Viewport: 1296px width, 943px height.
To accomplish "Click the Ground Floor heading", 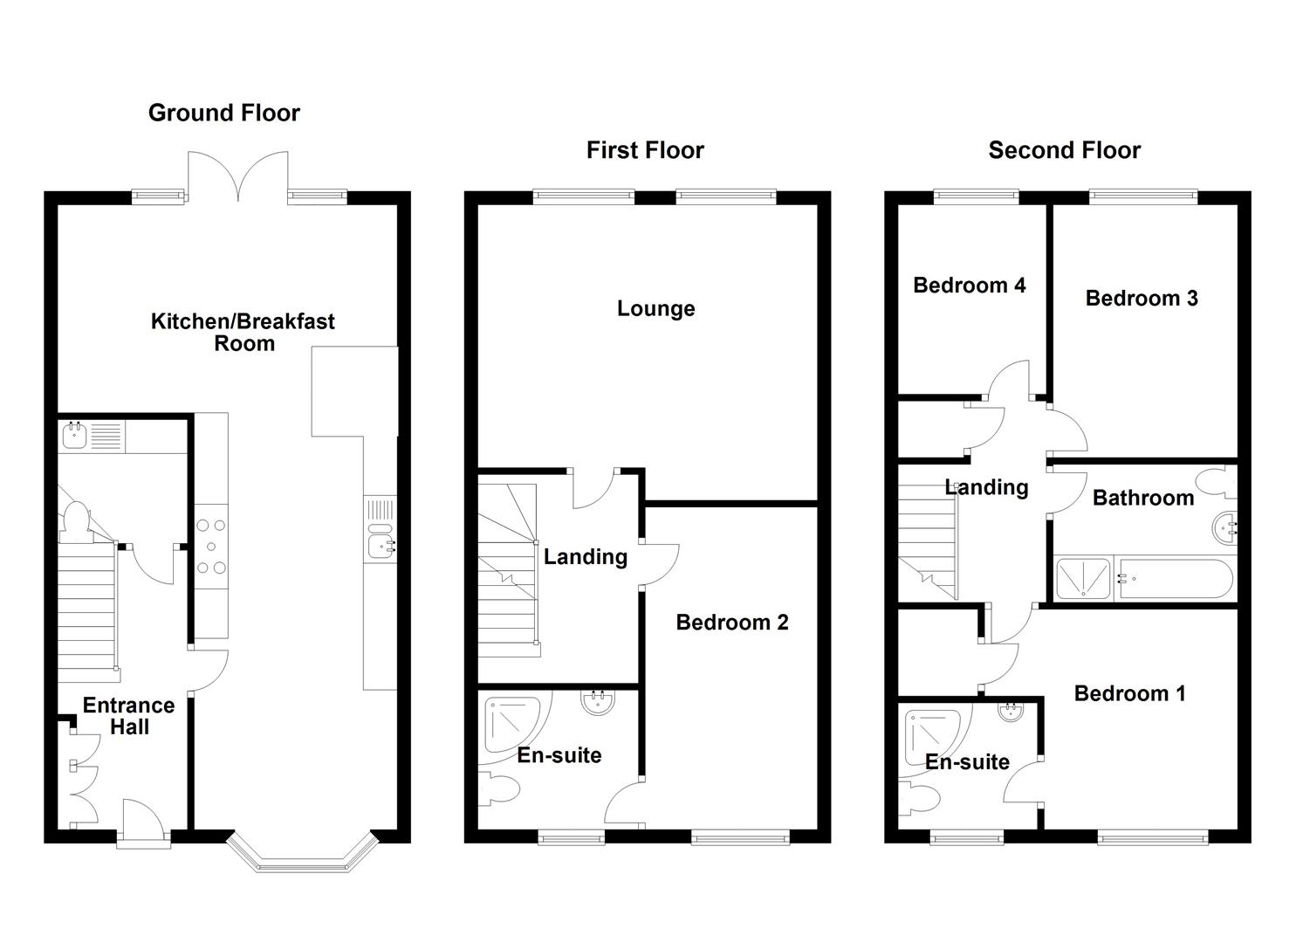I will [x=223, y=113].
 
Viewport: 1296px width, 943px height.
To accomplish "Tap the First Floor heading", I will [x=645, y=150].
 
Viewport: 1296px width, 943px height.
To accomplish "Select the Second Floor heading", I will [x=1064, y=150].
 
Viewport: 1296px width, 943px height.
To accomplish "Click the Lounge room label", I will [x=655, y=308].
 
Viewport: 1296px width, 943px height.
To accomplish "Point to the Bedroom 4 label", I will [x=969, y=285].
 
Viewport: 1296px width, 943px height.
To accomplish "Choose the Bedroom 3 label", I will [x=1141, y=298].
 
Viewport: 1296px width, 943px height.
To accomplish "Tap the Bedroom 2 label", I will [x=731, y=622].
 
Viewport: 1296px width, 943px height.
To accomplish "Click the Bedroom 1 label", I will [x=1129, y=693].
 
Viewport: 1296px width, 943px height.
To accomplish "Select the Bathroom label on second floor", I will [x=1142, y=498].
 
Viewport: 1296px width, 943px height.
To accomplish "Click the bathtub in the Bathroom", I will [x=1174, y=579].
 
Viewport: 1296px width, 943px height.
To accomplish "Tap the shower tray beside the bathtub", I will [x=1083, y=579].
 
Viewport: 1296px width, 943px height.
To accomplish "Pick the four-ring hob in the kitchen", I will [x=210, y=547].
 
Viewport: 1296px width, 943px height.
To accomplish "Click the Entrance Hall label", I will [x=128, y=716].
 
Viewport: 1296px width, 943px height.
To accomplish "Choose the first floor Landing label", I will [x=585, y=557].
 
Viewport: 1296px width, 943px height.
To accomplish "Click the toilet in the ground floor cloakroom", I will [x=75, y=519].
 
